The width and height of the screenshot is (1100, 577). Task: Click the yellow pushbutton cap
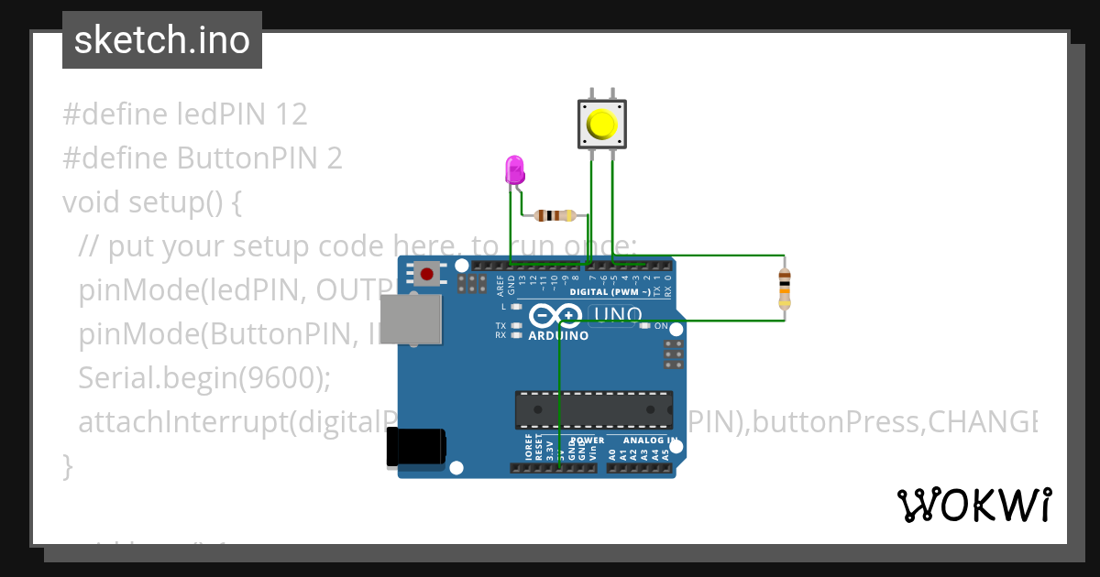[601, 124]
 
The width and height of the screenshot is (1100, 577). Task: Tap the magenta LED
[514, 170]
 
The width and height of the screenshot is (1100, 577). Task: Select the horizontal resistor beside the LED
[555, 216]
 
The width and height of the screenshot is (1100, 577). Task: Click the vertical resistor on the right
[784, 288]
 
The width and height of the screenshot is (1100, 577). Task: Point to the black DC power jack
[415, 447]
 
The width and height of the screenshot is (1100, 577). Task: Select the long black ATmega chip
[593, 409]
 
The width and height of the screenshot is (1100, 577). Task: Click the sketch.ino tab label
[162, 40]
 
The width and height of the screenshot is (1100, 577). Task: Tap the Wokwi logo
[973, 505]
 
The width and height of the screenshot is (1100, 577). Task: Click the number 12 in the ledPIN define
[289, 114]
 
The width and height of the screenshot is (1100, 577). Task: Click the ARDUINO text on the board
[558, 335]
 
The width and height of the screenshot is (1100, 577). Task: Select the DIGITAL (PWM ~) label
[610, 292]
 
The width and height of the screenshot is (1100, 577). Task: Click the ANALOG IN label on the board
[650, 441]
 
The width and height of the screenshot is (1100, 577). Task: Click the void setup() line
[151, 201]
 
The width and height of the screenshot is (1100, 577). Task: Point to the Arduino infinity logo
[555, 316]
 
